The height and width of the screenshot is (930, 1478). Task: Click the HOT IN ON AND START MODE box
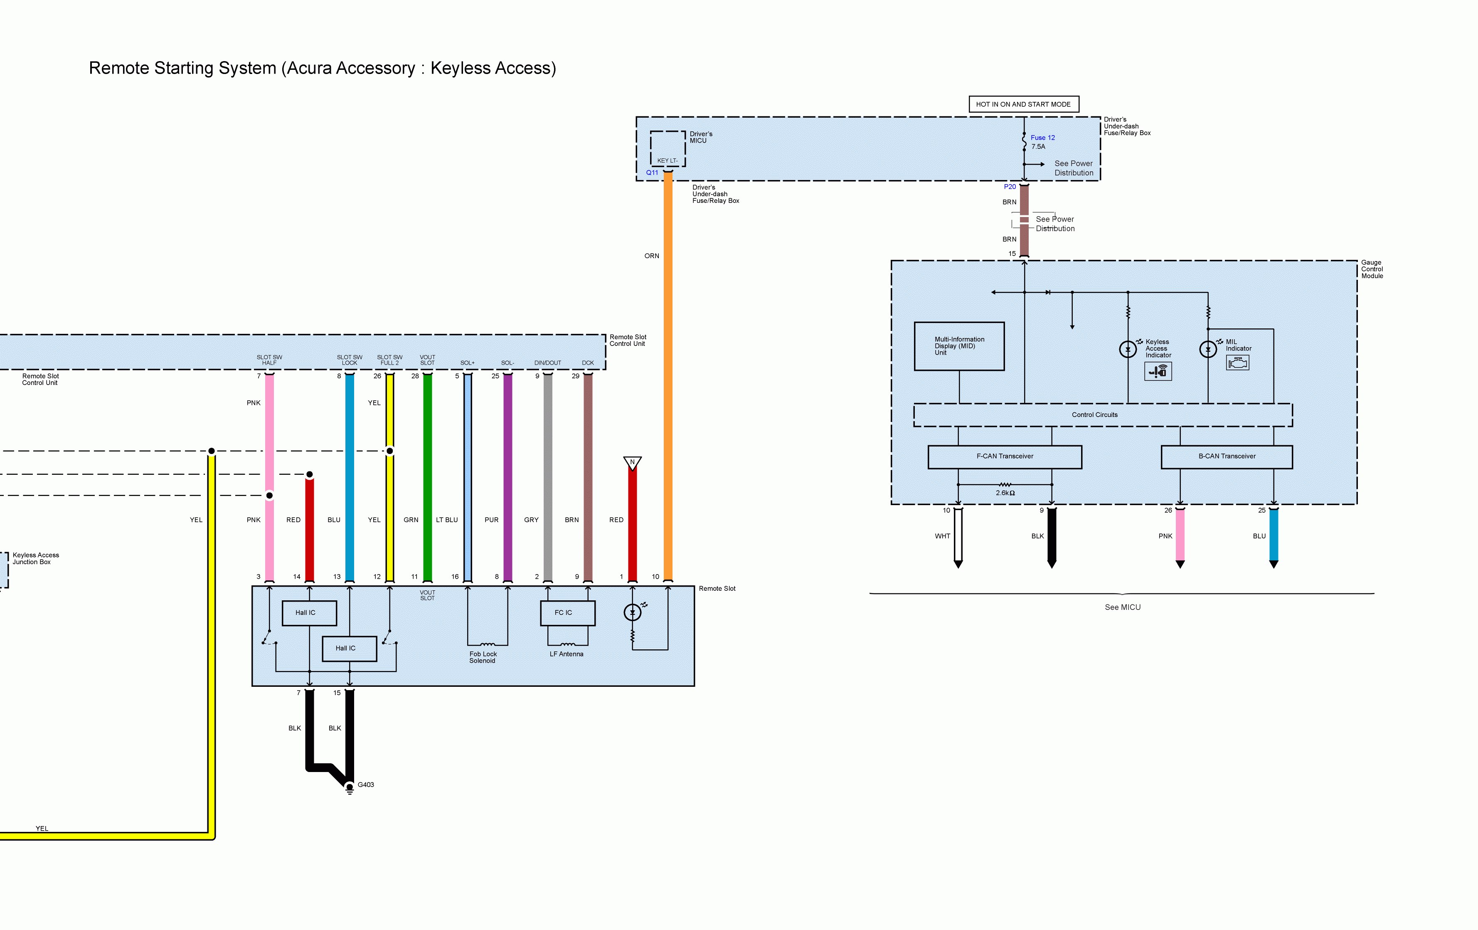(x=1023, y=104)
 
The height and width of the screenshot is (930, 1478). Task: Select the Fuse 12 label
(x=1043, y=138)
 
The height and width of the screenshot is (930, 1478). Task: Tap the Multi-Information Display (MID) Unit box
(x=959, y=346)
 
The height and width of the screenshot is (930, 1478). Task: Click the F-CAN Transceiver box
(x=1005, y=457)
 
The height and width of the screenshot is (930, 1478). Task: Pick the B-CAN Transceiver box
(x=1227, y=457)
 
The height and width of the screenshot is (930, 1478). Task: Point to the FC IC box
(x=568, y=613)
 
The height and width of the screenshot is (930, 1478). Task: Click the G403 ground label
(x=366, y=784)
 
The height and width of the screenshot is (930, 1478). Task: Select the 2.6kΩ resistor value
(x=1005, y=493)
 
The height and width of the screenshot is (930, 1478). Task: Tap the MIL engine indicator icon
(x=1237, y=363)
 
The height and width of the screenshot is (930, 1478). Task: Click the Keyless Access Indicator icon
(x=1158, y=371)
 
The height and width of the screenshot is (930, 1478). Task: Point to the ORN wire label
(x=652, y=256)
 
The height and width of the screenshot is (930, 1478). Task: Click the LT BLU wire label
(x=447, y=520)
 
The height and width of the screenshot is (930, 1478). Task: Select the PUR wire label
(x=492, y=520)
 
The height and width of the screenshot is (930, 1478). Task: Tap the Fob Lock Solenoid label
(x=483, y=657)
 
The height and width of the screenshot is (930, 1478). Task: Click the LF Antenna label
(x=567, y=654)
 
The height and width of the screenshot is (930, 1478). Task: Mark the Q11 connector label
(x=652, y=173)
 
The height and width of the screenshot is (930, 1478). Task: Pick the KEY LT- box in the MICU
(x=668, y=148)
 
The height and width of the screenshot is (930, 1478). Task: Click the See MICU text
(x=1123, y=607)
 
